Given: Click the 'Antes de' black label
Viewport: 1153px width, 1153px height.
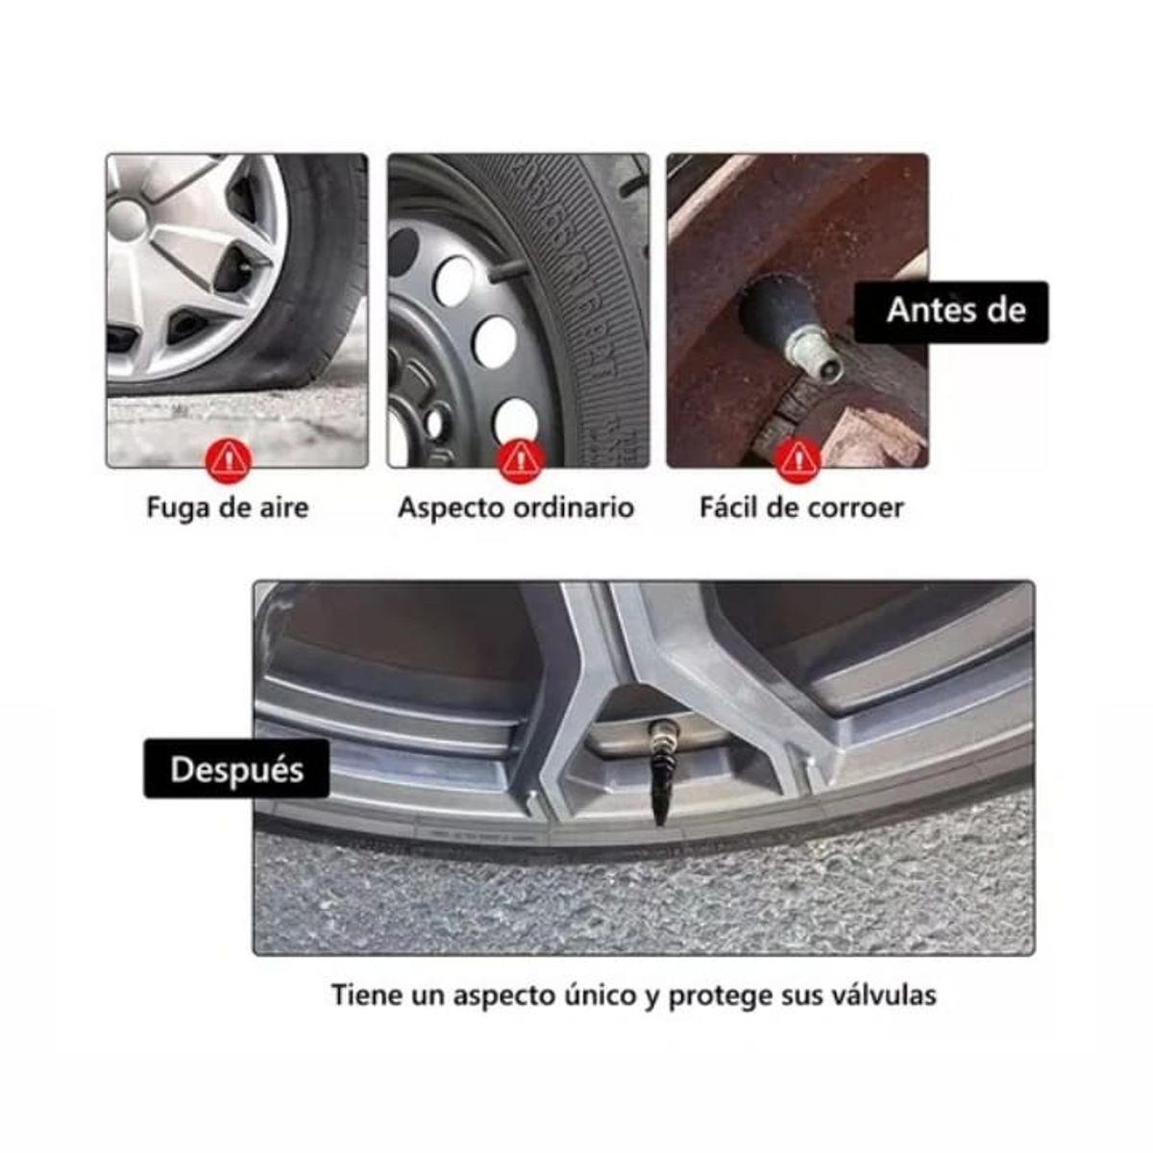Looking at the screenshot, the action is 950,311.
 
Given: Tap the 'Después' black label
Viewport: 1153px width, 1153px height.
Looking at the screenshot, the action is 236,770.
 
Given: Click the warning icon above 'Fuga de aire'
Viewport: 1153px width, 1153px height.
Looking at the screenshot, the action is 228,460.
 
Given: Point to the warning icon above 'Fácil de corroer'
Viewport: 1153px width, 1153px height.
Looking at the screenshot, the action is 797,460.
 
